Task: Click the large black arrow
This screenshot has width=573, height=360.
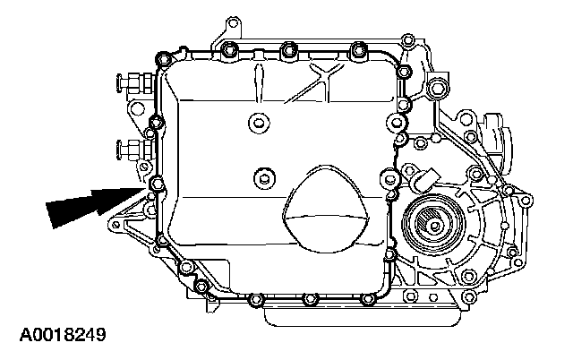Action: pyautogui.click(x=95, y=206)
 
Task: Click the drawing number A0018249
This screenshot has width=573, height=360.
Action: pyautogui.click(x=63, y=335)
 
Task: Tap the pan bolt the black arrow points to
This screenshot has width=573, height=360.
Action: pyautogui.click(x=157, y=183)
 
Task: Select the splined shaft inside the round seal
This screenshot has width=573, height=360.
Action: pyautogui.click(x=433, y=225)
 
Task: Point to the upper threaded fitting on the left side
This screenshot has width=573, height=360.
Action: pyautogui.click(x=134, y=82)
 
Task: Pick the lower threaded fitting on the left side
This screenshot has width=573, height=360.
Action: pyautogui.click(x=134, y=150)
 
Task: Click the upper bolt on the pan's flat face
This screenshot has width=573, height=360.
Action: pyautogui.click(x=259, y=123)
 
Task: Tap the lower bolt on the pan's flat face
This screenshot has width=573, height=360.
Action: pyautogui.click(x=264, y=178)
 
